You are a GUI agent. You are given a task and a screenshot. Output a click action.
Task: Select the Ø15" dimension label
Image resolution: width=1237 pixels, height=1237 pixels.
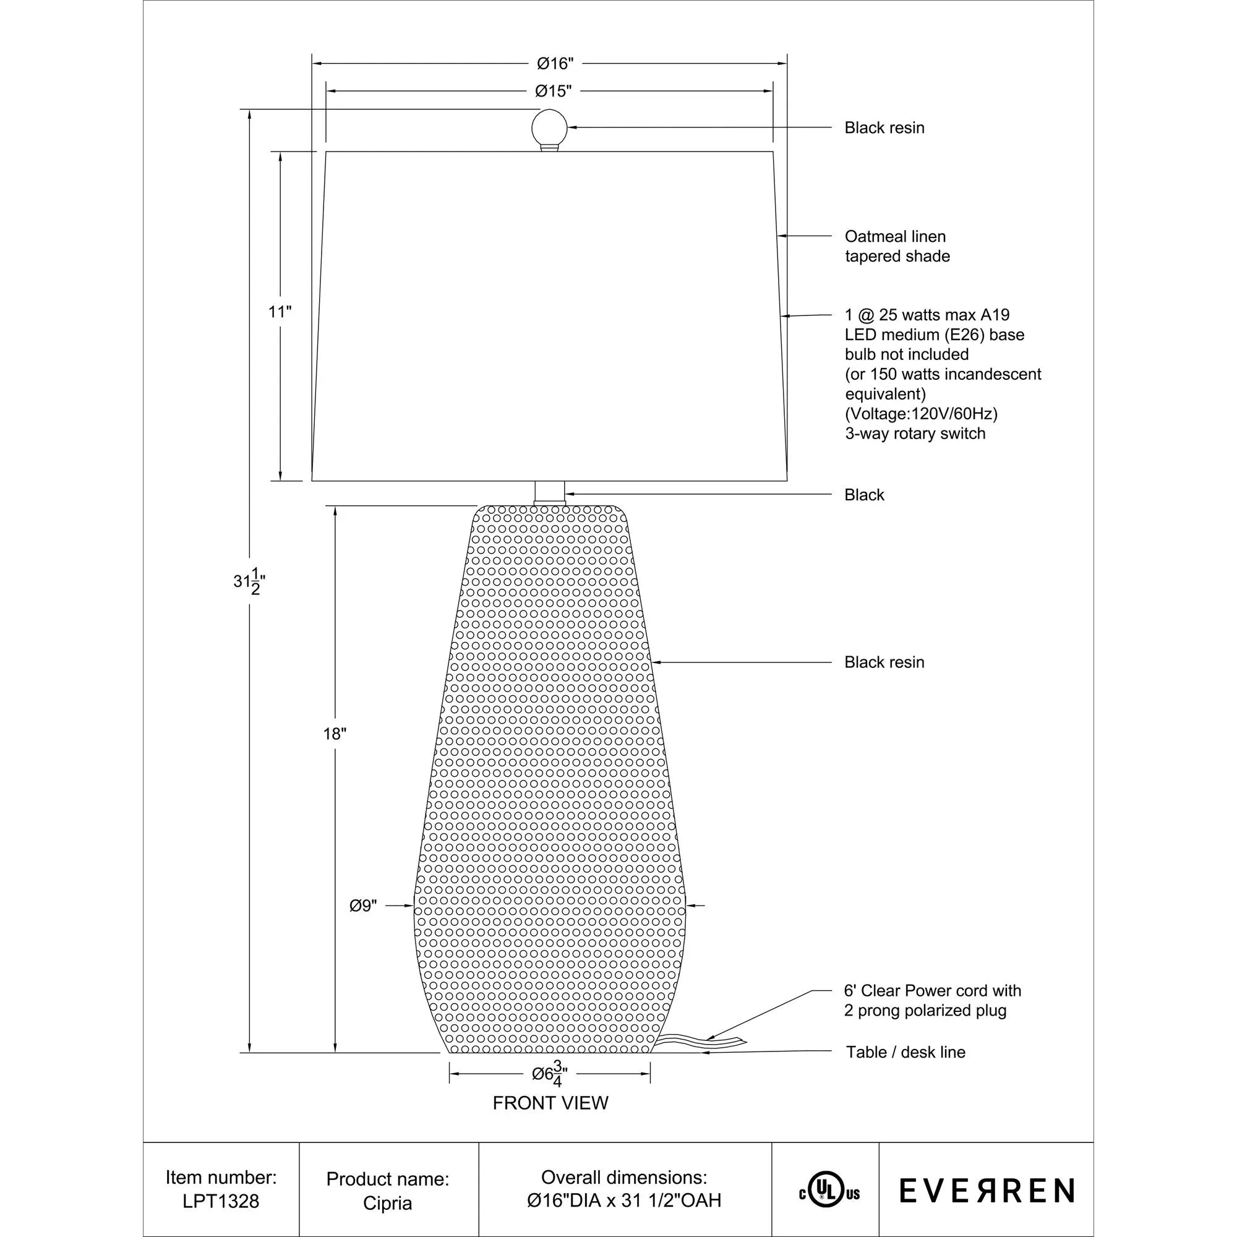[553, 91]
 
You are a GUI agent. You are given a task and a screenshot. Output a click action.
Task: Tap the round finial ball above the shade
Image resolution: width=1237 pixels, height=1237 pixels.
[549, 127]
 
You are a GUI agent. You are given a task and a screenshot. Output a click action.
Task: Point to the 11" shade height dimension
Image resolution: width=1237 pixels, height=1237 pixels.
[280, 312]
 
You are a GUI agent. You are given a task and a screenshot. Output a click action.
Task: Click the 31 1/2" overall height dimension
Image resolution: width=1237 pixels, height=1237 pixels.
[249, 581]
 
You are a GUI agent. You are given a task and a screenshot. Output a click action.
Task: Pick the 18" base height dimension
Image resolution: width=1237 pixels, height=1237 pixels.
[334, 734]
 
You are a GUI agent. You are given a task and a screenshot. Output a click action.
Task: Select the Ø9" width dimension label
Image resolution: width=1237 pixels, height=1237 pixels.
[363, 905]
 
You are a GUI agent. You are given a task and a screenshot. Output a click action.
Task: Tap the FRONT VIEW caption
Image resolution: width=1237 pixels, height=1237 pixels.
[550, 1103]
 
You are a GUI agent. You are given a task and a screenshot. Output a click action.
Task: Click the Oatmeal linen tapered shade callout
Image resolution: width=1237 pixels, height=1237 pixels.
[896, 246]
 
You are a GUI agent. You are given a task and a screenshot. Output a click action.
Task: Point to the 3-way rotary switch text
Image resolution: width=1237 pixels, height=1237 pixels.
[914, 434]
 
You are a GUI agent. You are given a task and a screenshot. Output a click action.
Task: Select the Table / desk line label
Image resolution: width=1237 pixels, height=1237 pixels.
[905, 1052]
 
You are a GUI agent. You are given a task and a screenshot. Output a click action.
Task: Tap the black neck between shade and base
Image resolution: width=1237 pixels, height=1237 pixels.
[549, 492]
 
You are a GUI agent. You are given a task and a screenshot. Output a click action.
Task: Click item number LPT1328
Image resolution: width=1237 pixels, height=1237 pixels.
[221, 1201]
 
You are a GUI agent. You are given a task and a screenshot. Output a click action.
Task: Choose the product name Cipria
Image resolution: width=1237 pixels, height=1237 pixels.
[387, 1203]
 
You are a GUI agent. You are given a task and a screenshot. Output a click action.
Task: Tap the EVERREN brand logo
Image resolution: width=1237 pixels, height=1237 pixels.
[986, 1191]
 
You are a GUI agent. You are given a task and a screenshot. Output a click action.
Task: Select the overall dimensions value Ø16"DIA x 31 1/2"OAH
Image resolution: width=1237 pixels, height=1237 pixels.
[624, 1201]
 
